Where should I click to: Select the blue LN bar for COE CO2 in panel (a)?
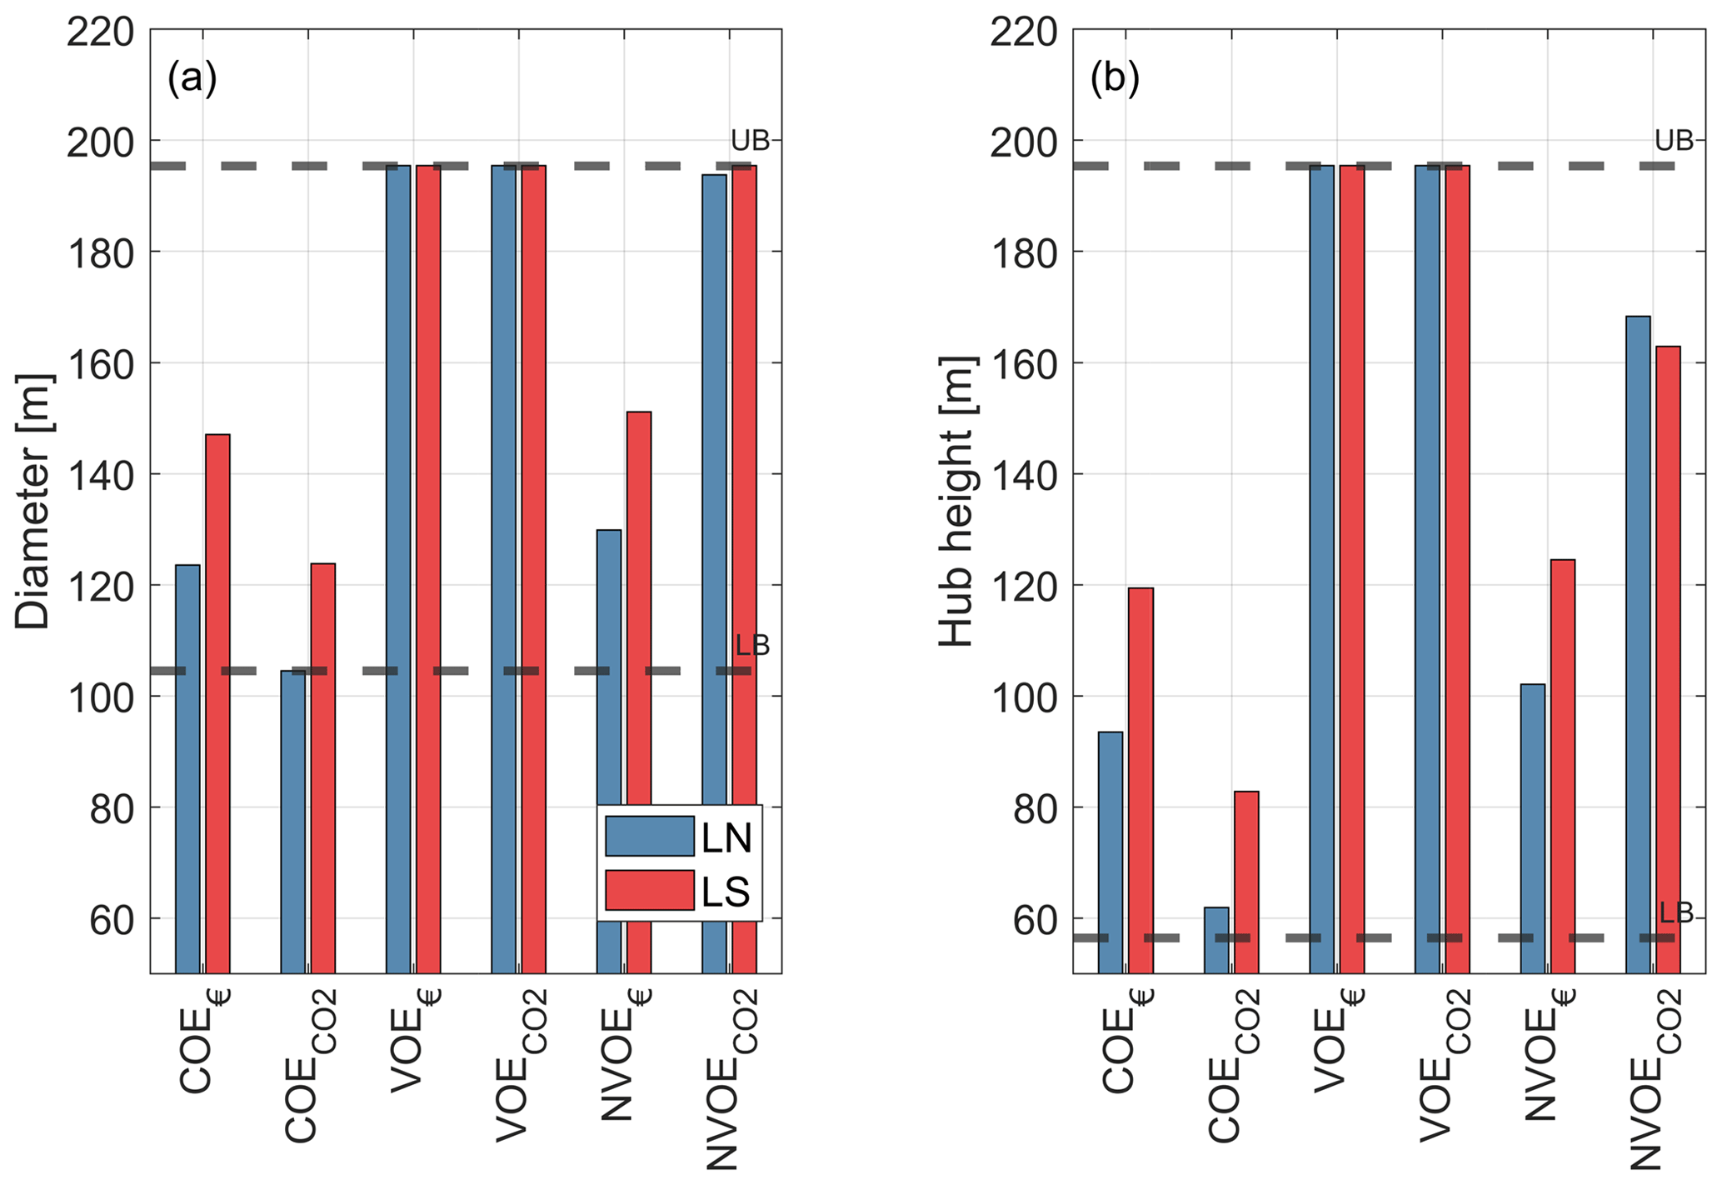tap(292, 821)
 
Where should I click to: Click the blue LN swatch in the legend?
tap(649, 836)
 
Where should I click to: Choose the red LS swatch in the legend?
tap(649, 891)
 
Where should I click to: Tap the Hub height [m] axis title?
tap(956, 502)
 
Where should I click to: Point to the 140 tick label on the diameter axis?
tap(100, 475)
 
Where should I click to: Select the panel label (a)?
tap(192, 80)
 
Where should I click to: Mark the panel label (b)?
tap(1115, 80)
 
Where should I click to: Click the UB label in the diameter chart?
tap(749, 142)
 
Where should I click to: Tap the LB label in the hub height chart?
tap(1676, 913)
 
